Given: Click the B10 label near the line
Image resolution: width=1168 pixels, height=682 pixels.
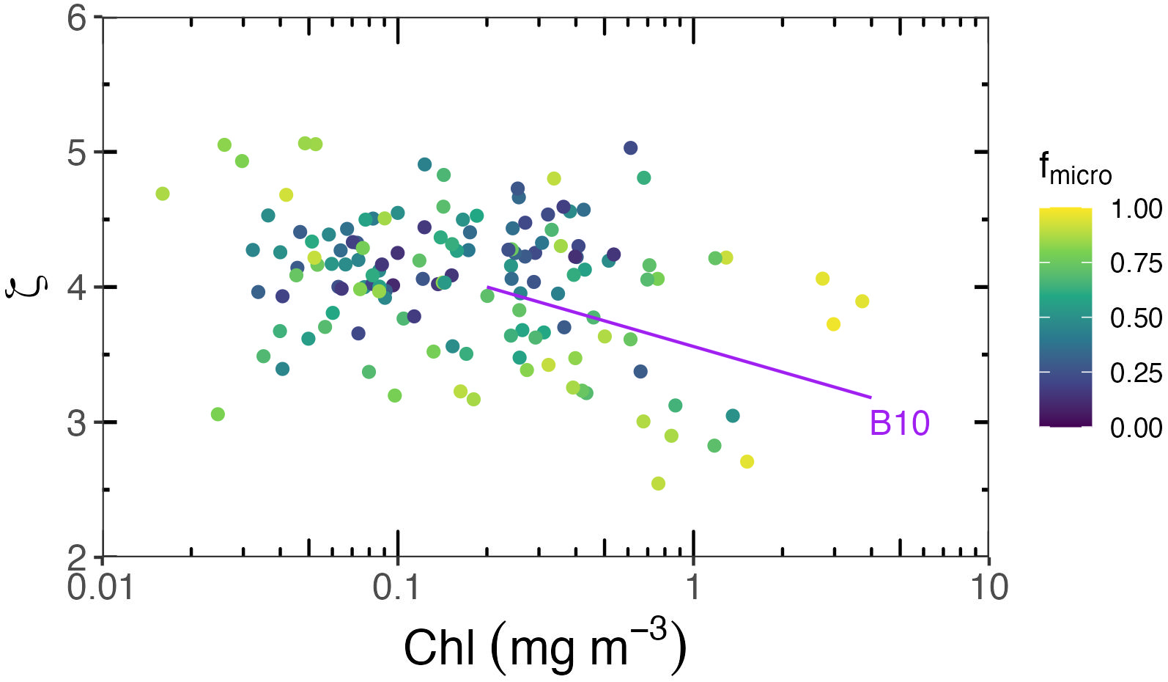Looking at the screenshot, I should pyautogui.click(x=899, y=424).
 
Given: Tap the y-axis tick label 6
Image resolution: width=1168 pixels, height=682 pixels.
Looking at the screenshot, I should pyautogui.click(x=77, y=18).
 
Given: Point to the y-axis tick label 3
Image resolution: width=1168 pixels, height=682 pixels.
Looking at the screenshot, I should pyautogui.click(x=77, y=423).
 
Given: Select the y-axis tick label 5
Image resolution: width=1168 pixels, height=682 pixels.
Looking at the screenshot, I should pyautogui.click(x=77, y=153).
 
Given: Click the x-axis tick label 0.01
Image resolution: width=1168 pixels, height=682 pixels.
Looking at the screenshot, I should pyautogui.click(x=100, y=588).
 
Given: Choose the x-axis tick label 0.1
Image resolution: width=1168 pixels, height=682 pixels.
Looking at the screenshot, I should pyautogui.click(x=396, y=588).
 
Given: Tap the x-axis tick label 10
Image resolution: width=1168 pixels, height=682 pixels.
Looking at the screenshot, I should pyautogui.click(x=989, y=588).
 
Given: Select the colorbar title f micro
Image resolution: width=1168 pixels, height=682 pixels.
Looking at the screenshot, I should pyautogui.click(x=1074, y=169).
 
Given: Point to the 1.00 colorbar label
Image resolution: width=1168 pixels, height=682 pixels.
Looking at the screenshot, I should pyautogui.click(x=1136, y=209).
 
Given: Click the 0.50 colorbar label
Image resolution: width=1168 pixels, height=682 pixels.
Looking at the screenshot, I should pyautogui.click(x=1136, y=318).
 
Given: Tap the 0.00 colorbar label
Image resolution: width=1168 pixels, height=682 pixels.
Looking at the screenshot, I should pyautogui.click(x=1136, y=428).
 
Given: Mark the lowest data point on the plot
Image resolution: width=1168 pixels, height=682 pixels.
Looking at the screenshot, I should pyautogui.click(x=658, y=483).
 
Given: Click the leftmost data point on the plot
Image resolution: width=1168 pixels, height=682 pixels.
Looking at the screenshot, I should pyautogui.click(x=163, y=194).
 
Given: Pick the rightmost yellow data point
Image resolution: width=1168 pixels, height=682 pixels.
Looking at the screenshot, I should pyautogui.click(x=862, y=301).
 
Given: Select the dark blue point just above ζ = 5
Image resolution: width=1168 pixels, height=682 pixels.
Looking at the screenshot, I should pyautogui.click(x=630, y=148).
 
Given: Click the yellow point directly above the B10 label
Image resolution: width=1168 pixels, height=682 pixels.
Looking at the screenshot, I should pyautogui.click(x=833, y=324).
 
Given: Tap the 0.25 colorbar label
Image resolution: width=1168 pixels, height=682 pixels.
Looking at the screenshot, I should pyautogui.click(x=1136, y=373).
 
